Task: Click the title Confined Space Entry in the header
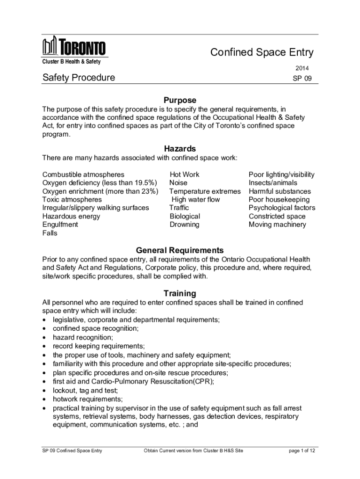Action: tap(261, 52)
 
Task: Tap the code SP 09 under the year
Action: tap(302, 79)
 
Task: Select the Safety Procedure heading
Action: tap(79, 77)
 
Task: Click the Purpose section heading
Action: tap(180, 100)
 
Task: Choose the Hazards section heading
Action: tap(180, 149)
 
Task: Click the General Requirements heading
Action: tap(180, 250)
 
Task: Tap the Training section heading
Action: tap(180, 293)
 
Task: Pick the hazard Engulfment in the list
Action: tap(60, 225)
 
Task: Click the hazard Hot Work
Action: tap(184, 174)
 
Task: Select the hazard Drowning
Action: tap(184, 225)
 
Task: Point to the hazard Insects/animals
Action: tap(273, 183)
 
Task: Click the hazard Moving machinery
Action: tap(277, 225)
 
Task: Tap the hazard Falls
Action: tap(50, 233)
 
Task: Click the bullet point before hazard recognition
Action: tap(44, 337)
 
